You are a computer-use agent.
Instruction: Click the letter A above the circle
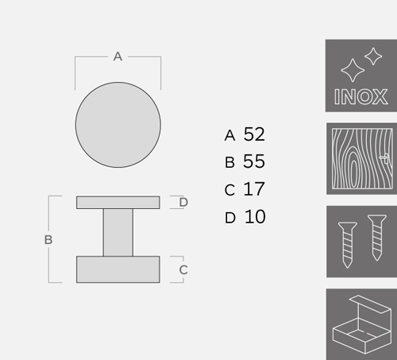(x=118, y=56)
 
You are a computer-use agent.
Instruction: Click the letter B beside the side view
(x=48, y=240)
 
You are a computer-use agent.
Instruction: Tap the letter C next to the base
(x=183, y=270)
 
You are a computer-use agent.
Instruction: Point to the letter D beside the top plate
(x=183, y=202)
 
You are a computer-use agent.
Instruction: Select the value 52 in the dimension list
(x=254, y=134)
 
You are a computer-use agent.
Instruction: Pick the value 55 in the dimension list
(x=254, y=161)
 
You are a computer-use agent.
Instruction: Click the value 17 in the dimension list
(x=254, y=189)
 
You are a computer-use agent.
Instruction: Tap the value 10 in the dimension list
(x=255, y=217)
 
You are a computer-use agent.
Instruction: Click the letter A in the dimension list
(x=229, y=135)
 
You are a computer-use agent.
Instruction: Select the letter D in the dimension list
(x=230, y=218)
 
